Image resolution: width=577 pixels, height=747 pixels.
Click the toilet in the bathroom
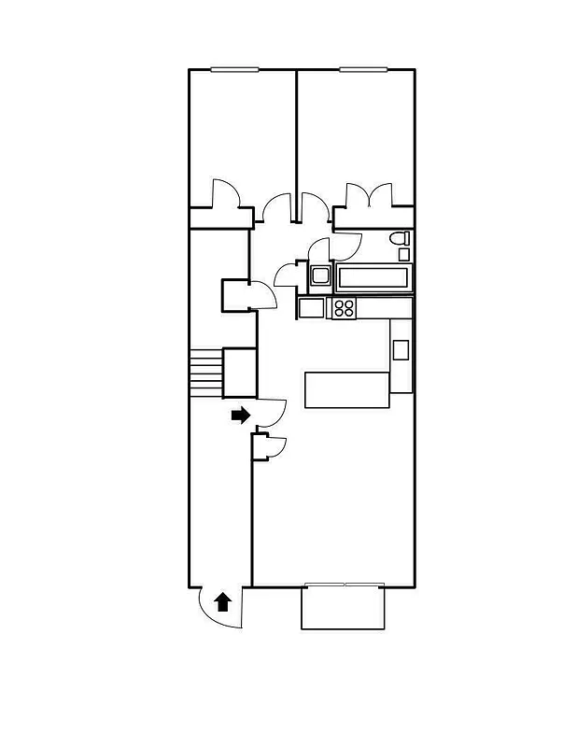[401, 239]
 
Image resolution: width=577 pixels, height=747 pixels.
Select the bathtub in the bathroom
[373, 277]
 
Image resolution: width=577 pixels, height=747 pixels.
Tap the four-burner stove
[344, 307]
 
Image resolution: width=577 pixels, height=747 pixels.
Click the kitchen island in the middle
[346, 389]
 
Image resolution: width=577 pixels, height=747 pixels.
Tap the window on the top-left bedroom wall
[233, 69]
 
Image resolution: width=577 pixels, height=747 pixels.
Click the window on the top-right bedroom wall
[363, 69]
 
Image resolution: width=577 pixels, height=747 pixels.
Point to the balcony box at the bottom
[343, 608]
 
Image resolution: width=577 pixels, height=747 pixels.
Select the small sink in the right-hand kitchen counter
[401, 350]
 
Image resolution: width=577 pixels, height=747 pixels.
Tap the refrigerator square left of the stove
[311, 307]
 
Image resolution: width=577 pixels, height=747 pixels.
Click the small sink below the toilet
[404, 254]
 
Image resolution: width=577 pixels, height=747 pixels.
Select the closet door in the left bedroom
[227, 193]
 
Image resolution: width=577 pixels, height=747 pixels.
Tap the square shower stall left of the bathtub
[320, 275]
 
